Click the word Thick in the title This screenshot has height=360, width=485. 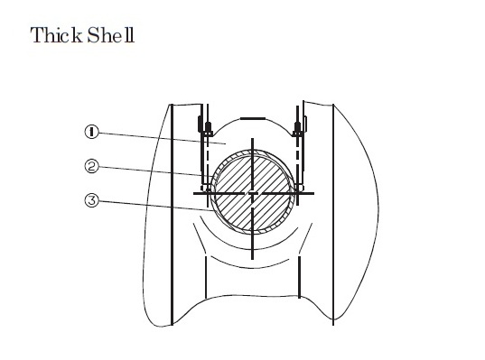click(x=55, y=37)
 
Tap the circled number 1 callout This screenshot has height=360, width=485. click(x=90, y=133)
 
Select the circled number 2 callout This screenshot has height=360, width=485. click(x=90, y=167)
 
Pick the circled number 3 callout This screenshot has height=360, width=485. click(x=90, y=201)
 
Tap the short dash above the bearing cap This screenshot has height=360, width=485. click(x=254, y=117)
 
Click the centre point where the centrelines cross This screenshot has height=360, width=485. click(x=254, y=193)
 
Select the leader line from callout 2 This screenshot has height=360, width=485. click(x=154, y=171)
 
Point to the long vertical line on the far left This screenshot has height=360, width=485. click(x=172, y=217)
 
